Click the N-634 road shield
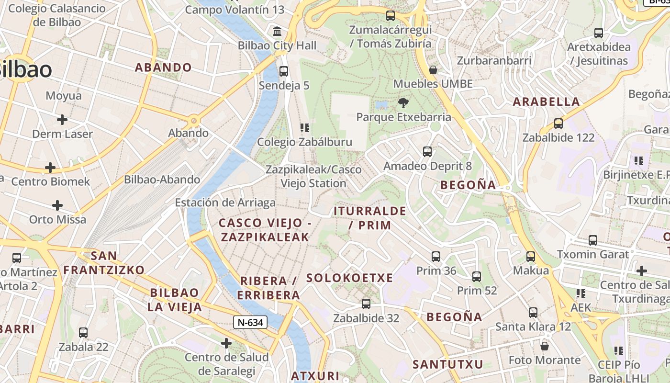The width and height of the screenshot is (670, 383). [250, 322]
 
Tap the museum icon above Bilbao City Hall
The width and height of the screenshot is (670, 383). [277, 32]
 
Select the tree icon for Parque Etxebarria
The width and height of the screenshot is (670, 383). [403, 102]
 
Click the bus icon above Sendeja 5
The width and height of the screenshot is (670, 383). [284, 71]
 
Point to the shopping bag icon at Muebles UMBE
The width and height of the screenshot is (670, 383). [433, 70]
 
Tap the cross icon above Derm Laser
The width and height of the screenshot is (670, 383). [62, 120]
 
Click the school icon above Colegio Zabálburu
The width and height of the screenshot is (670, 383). [304, 127]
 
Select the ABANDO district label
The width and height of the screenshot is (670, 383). [163, 68]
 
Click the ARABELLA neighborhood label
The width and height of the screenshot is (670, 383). [546, 101]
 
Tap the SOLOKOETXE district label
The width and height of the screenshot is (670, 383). [349, 278]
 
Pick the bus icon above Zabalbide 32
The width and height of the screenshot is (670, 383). [366, 304]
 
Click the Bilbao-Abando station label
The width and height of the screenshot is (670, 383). [162, 180]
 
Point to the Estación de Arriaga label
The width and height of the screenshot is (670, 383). [225, 203]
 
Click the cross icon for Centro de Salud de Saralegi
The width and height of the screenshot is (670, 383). [226, 343]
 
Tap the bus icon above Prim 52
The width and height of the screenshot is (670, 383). [477, 276]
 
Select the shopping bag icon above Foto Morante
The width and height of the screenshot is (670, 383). [544, 346]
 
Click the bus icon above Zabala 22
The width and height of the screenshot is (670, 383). [83, 332]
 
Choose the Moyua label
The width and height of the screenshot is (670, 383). [64, 96]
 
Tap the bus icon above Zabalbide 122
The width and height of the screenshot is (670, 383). [558, 124]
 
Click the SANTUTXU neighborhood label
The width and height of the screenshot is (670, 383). [448, 364]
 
